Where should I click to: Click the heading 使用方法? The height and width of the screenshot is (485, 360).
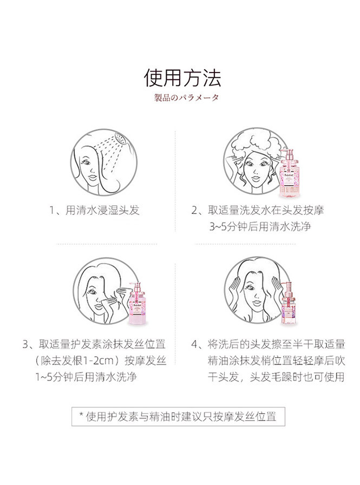pyautogui.click(x=182, y=77)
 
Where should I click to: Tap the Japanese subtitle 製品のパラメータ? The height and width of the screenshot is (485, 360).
pyautogui.click(x=186, y=98)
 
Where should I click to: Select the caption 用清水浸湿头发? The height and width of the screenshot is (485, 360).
pyautogui.click(x=102, y=211)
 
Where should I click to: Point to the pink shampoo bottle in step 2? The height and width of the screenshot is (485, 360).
pyautogui.click(x=288, y=172)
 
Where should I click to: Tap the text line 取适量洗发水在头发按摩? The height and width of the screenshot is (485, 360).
pyautogui.click(x=266, y=211)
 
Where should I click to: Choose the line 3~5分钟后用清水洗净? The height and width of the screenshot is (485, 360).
pyautogui.click(x=260, y=226)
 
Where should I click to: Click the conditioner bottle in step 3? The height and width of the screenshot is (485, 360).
pyautogui.click(x=137, y=303)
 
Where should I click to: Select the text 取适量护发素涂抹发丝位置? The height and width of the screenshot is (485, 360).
pyautogui.click(x=102, y=344)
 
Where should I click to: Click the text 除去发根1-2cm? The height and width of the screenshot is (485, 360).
pyautogui.click(x=80, y=361)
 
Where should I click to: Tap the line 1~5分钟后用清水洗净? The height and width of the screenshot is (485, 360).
pyautogui.click(x=86, y=377)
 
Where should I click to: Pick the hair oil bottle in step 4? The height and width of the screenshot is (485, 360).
pyautogui.click(x=289, y=303)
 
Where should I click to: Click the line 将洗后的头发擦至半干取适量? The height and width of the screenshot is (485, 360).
pyautogui.click(x=276, y=344)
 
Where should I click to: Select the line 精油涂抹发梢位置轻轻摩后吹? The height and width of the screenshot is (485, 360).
pyautogui.click(x=276, y=361)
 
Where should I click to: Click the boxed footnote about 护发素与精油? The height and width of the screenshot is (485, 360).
pyautogui.click(x=178, y=417)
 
